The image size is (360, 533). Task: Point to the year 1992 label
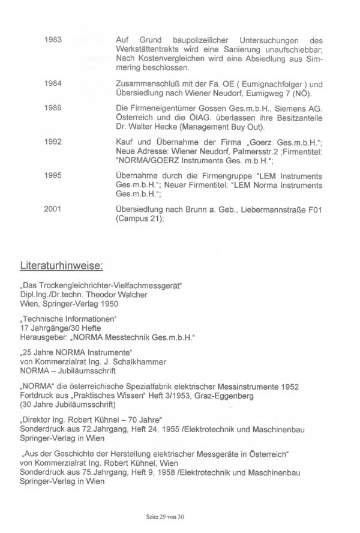click(53, 142)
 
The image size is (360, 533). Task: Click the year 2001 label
click(53, 208)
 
